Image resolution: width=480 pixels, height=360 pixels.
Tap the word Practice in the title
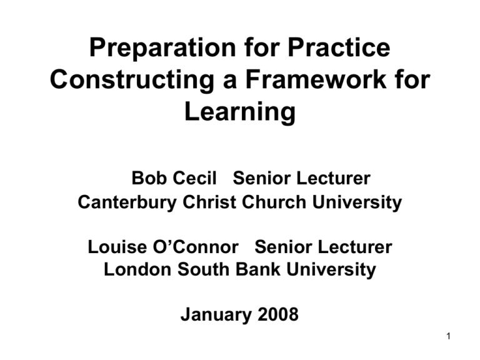337,49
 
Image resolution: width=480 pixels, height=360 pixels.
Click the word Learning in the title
240,112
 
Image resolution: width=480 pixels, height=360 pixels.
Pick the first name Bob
147,179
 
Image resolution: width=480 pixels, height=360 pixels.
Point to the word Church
262,202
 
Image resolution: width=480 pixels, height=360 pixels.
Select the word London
133,271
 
